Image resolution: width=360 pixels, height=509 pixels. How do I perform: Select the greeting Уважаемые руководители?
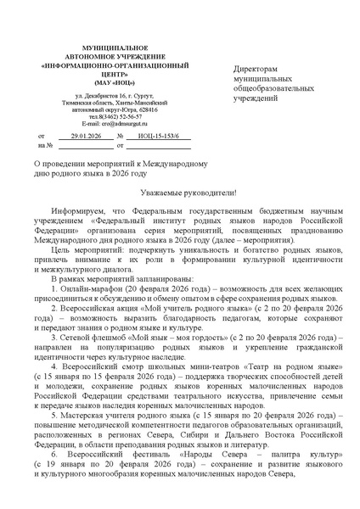click(180, 194)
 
